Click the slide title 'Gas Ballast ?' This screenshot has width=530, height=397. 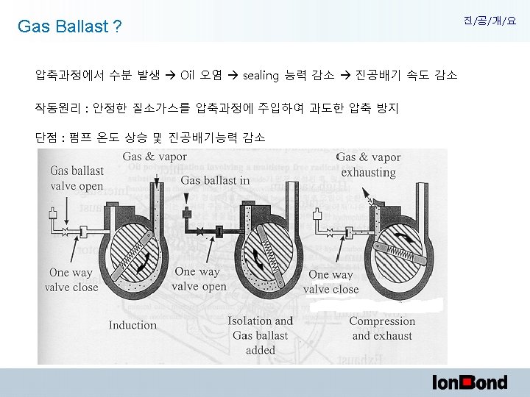click(69, 27)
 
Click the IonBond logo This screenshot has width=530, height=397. click(470, 382)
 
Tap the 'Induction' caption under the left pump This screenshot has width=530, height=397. click(132, 325)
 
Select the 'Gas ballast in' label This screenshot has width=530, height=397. click(215, 180)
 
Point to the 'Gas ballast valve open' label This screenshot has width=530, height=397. click(77, 178)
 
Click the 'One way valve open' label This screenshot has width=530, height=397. click(199, 279)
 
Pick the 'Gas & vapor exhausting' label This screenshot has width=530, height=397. click(368, 165)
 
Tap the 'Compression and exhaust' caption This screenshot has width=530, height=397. click(382, 328)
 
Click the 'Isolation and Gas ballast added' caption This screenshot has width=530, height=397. click(260, 335)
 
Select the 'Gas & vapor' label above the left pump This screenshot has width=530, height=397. click(155, 156)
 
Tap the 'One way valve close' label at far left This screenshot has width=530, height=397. click(71, 280)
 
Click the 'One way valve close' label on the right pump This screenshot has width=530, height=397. click(331, 282)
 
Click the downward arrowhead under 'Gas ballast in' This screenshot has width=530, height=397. click(187, 197)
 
